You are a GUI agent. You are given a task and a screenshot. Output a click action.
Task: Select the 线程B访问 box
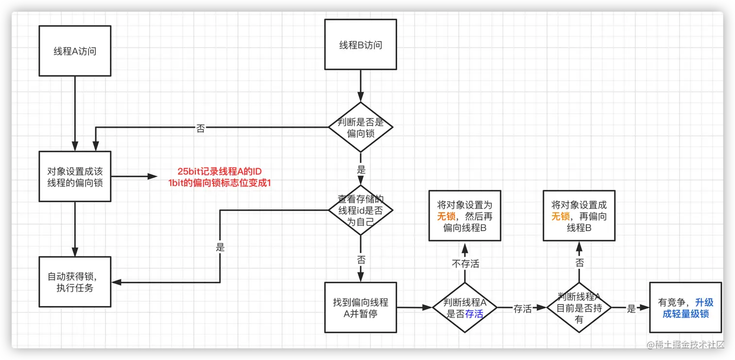[x=360, y=45]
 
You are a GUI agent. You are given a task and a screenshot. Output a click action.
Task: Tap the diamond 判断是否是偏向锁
[x=360, y=128]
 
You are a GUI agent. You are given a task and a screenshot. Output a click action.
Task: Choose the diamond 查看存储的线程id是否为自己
[x=360, y=210]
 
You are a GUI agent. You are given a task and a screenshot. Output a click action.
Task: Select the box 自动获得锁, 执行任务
[x=75, y=282]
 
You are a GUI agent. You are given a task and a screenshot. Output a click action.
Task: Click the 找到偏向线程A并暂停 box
[x=360, y=308]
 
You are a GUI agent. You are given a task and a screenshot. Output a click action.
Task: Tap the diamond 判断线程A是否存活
[x=465, y=308]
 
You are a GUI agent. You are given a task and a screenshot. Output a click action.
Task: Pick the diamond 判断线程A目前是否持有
[x=578, y=308]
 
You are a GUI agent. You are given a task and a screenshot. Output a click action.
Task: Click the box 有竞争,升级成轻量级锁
[x=685, y=308]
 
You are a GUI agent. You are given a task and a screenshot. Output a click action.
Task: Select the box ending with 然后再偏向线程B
[x=465, y=216]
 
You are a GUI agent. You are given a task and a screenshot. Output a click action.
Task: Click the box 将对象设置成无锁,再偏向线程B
[x=578, y=216]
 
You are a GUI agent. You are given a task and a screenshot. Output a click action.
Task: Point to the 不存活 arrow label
[x=465, y=264]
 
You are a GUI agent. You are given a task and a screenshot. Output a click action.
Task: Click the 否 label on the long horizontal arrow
[x=200, y=129]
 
